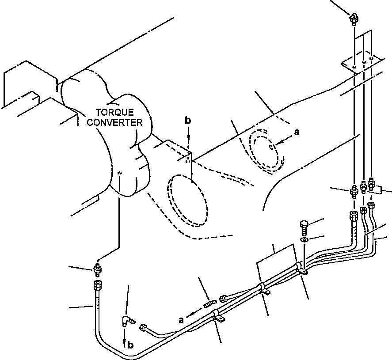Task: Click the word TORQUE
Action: click(x=115, y=112)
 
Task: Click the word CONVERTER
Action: click(x=115, y=123)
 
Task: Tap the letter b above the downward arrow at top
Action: click(x=188, y=121)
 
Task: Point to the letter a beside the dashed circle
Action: click(x=297, y=132)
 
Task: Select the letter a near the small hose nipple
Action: click(x=181, y=320)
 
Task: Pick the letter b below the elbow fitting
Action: click(x=130, y=345)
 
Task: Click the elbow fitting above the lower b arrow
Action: click(x=128, y=321)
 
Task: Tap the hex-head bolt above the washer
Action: click(x=304, y=227)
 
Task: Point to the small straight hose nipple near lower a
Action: click(x=209, y=304)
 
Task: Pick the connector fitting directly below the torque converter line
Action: click(x=98, y=269)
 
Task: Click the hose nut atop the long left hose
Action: click(x=98, y=285)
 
